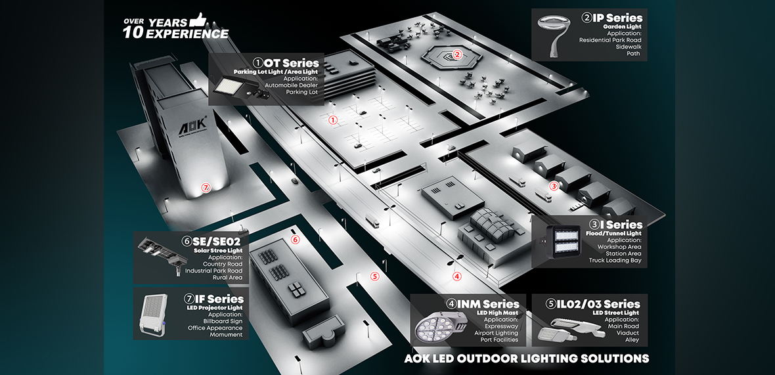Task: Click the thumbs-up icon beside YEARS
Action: click(198, 20)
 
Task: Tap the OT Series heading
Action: click(292, 62)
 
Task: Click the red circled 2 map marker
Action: click(458, 55)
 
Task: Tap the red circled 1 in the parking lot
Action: click(333, 120)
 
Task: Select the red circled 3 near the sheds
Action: click(554, 186)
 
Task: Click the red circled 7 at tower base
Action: click(206, 188)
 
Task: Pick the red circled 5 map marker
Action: click(375, 276)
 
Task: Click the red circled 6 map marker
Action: click(295, 240)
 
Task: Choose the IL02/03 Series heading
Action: click(603, 304)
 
